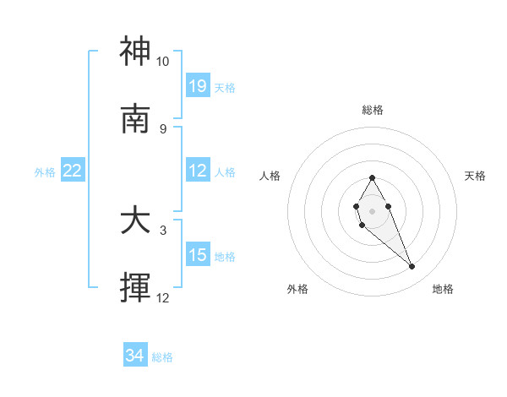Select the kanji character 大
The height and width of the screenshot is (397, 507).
[x=135, y=221]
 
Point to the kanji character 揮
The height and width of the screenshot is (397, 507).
[x=135, y=289]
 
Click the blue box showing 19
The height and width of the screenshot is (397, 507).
[x=198, y=86]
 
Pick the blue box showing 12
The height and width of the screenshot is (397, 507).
[x=198, y=171]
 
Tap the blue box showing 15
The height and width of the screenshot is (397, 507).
[x=198, y=256]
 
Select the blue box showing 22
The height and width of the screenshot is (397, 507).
[x=73, y=171]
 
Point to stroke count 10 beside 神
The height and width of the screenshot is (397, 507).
[x=162, y=62]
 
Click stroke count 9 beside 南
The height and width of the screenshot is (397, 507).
[x=162, y=128]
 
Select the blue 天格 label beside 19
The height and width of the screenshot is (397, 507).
[x=225, y=87]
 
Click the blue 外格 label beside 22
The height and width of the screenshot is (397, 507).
[x=45, y=172]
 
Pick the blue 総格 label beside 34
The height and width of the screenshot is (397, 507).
[x=162, y=357]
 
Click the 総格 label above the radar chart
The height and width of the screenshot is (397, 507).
[x=372, y=110]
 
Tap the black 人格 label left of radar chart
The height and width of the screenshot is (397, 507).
[x=270, y=176]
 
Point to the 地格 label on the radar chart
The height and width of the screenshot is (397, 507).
[x=443, y=289]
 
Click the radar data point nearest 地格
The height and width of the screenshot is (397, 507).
[x=412, y=267]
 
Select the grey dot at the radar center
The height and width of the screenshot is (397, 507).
[x=372, y=210]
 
